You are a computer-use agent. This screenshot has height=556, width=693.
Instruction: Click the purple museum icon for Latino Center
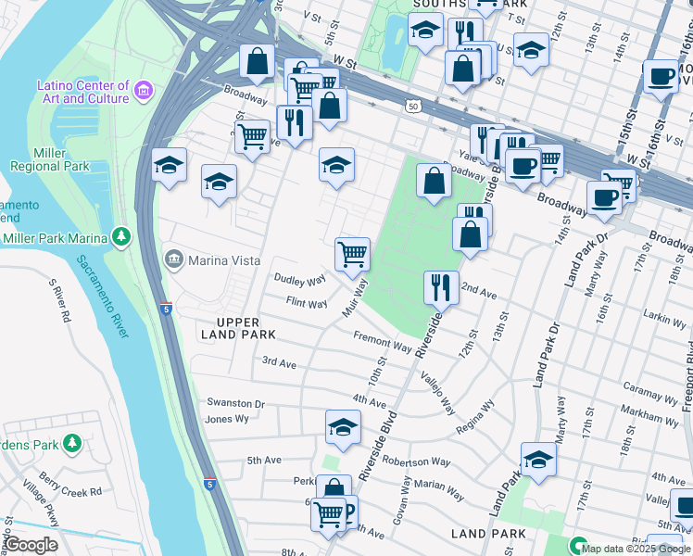click(144, 91)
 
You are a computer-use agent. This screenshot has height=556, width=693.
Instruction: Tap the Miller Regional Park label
click(49, 158)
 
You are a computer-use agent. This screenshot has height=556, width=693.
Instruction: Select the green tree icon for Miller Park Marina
click(121, 238)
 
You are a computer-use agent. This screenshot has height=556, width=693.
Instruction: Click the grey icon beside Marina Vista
click(173, 259)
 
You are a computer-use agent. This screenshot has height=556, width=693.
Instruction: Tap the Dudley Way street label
click(299, 279)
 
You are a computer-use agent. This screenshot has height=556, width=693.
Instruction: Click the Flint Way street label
click(307, 303)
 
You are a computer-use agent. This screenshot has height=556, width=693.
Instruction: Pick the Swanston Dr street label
click(234, 404)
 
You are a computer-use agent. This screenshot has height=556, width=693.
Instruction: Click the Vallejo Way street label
click(437, 392)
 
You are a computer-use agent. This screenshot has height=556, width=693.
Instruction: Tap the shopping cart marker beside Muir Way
click(352, 254)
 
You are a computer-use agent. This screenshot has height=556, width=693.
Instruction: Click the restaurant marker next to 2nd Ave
click(441, 287)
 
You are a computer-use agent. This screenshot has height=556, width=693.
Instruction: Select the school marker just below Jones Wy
click(343, 429)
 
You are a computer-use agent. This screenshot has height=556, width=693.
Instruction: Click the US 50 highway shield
click(412, 107)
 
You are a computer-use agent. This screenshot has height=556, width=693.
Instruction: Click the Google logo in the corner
click(31, 545)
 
